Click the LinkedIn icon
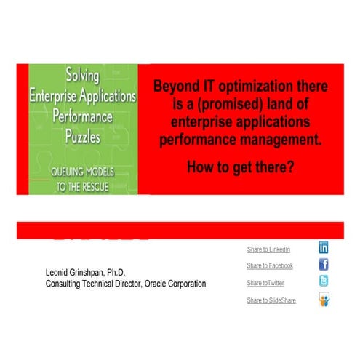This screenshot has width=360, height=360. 324,247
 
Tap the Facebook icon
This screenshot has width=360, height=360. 324,265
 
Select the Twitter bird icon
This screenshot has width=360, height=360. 324,281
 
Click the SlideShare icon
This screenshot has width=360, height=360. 324,300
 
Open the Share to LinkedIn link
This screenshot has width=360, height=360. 269,249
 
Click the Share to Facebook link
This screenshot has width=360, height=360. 270,266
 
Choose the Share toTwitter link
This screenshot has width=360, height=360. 265,283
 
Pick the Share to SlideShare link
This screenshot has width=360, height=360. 271,300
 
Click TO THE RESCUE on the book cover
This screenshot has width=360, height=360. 81,185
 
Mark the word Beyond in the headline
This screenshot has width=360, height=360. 175,87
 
